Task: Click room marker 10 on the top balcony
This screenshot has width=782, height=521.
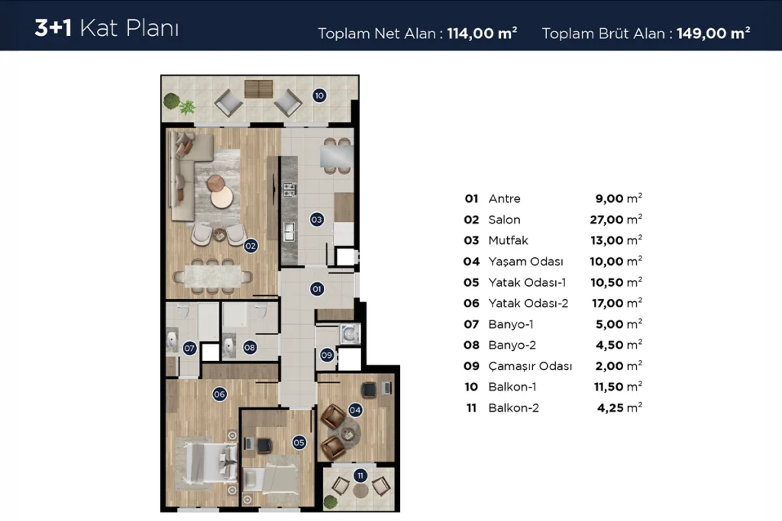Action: click(x=319, y=95)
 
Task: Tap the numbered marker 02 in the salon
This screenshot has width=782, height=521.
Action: click(x=250, y=246)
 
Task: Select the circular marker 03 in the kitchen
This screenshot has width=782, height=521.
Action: click(x=316, y=219)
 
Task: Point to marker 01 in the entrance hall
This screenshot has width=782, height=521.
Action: click(x=316, y=289)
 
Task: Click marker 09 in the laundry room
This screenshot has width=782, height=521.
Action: click(x=327, y=355)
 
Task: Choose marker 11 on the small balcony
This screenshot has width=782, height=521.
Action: click(x=360, y=476)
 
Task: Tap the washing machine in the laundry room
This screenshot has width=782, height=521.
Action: click(x=350, y=333)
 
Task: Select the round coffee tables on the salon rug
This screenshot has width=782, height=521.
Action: click(x=220, y=191)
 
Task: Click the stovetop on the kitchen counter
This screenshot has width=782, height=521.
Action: click(x=289, y=189)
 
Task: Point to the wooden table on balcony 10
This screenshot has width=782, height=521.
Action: click(x=259, y=89)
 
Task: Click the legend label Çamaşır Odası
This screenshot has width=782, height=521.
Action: click(x=530, y=366)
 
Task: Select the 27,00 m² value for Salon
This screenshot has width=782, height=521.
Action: click(x=616, y=220)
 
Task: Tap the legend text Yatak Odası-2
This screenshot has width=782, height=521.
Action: click(x=528, y=304)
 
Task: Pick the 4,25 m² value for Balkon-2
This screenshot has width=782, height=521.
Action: click(x=619, y=408)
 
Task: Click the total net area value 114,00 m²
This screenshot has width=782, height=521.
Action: click(x=482, y=34)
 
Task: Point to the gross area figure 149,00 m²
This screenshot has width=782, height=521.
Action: click(x=713, y=34)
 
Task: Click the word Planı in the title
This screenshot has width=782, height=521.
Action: click(x=152, y=28)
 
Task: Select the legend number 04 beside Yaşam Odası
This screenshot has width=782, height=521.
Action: click(x=471, y=262)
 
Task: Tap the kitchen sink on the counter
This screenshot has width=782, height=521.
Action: click(x=289, y=233)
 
